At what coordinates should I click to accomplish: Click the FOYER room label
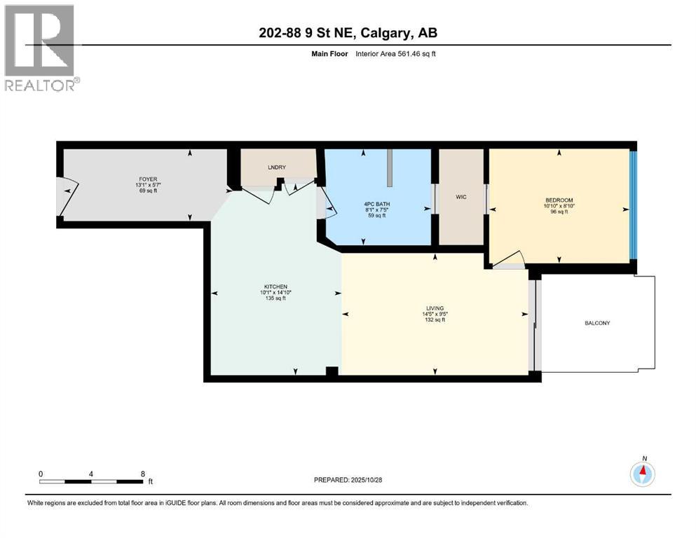146,179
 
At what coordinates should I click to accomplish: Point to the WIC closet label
460,197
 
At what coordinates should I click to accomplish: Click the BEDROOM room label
559,199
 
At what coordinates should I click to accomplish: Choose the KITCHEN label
276,287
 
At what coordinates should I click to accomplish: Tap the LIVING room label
435,308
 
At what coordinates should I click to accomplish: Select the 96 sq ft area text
559,212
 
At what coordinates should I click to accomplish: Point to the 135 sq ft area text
276,299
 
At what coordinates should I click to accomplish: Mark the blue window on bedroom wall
632,205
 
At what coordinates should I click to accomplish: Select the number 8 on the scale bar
143,474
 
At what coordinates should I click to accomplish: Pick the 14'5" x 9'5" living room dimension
435,314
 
